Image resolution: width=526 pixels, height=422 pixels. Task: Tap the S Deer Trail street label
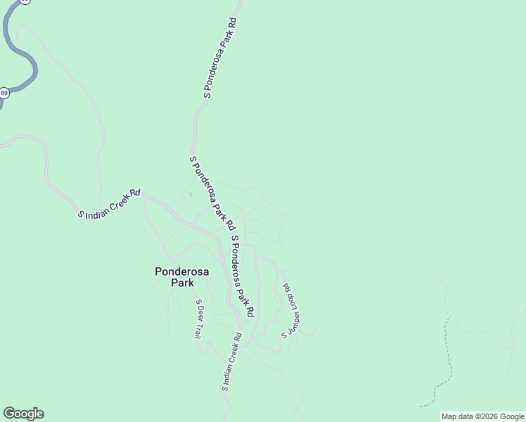click(199, 319)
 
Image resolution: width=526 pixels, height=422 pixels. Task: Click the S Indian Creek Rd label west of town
click(110, 203)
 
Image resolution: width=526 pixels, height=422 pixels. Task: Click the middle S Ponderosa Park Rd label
click(212, 192)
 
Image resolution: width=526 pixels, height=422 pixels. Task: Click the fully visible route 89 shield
click(4, 93)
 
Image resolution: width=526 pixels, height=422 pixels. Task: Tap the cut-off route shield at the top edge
click(25, 1)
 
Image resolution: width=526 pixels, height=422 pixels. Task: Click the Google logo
click(23, 414)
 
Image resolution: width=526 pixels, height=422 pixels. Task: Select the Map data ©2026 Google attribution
click(483, 416)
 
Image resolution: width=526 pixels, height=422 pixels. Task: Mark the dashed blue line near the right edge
click(444, 366)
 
